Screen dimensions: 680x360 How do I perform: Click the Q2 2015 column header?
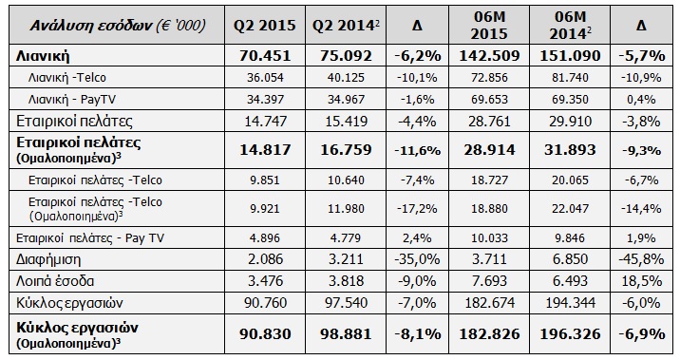(265, 25)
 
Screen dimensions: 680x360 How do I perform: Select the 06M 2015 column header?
(489, 25)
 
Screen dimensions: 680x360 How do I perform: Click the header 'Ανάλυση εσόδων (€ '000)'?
(118, 25)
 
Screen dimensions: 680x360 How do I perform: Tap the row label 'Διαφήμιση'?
(48, 260)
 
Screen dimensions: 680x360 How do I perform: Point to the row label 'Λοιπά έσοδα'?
(55, 281)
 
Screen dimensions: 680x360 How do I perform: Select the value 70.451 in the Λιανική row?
(265, 55)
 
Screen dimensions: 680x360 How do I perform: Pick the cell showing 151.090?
(570, 55)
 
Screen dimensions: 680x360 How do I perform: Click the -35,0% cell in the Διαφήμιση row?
(417, 259)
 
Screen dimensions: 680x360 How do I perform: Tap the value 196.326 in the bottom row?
(570, 334)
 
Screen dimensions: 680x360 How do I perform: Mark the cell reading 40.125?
(346, 78)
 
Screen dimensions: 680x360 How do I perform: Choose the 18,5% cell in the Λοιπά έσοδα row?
(641, 281)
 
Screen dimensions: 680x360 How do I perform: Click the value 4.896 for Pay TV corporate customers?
(265, 238)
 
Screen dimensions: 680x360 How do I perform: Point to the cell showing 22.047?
(570, 209)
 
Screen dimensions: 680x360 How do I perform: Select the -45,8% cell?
(641, 259)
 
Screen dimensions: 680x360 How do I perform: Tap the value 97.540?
(346, 302)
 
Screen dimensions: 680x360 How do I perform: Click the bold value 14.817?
(265, 150)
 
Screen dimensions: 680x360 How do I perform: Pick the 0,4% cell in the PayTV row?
(641, 100)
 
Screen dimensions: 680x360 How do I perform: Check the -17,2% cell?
(417, 209)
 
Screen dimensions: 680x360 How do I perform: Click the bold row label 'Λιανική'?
(43, 56)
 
